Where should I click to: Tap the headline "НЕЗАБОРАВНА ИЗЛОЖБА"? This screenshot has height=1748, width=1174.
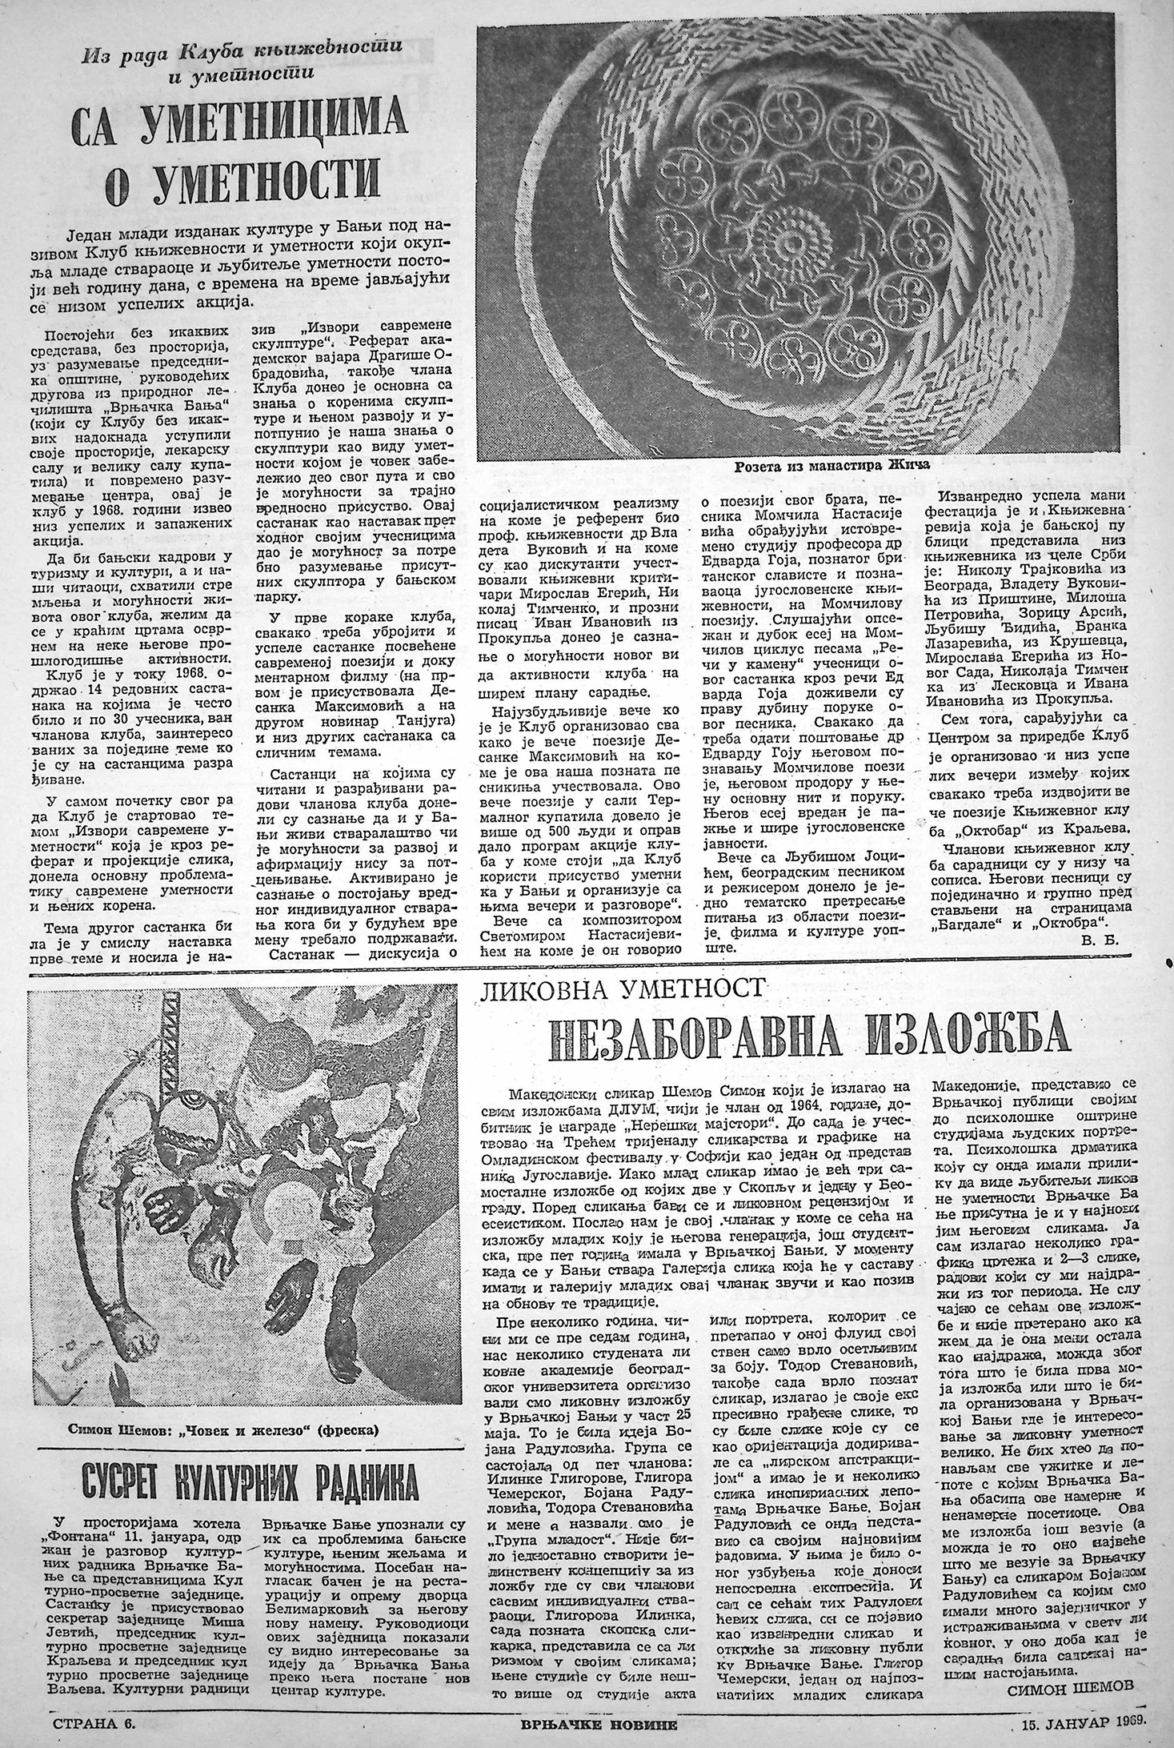click(x=812, y=1037)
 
